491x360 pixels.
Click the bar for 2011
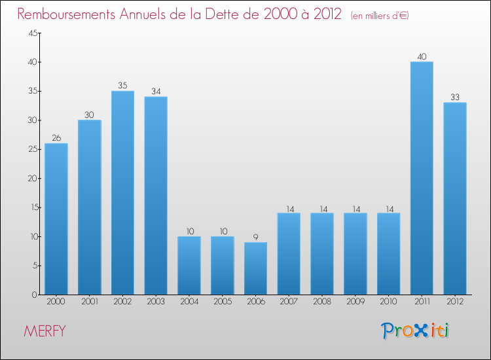pos(422,178)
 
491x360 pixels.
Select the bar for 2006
pos(255,268)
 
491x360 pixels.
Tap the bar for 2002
pos(122,192)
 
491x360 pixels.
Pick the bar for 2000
pos(56,219)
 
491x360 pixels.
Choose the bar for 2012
pos(455,198)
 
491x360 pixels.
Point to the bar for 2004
pos(189,265)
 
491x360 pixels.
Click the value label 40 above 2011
pos(422,56)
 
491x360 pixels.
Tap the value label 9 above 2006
pos(255,237)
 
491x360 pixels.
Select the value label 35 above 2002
pos(122,85)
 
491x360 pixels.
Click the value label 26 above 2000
pos(56,137)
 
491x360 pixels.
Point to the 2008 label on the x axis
pos(322,302)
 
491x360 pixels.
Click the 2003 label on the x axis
pos(156,302)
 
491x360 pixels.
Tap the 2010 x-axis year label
pos(388,302)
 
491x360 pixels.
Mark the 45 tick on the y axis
pos(32,33)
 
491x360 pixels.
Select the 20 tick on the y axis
pos(32,179)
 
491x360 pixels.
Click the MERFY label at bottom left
pos(45,331)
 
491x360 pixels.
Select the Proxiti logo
pos(416,331)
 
